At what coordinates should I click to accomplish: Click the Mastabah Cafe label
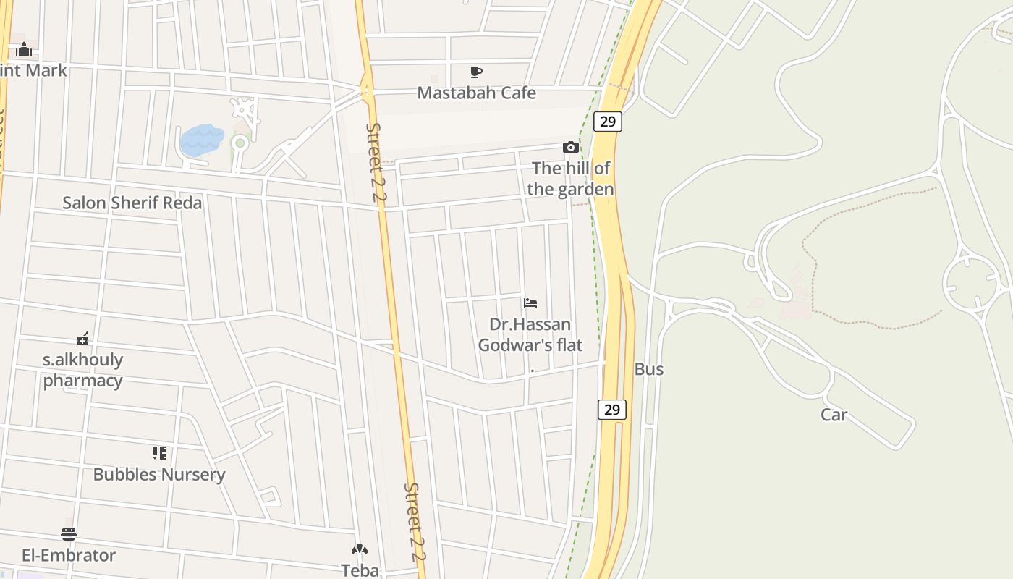[476, 93]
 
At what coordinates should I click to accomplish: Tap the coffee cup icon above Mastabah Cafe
[475, 72]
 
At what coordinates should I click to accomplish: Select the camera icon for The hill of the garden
[570, 148]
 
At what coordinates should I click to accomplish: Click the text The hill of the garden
[571, 179]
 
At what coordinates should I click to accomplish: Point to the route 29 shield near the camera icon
[608, 121]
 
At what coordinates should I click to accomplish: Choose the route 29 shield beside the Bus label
[612, 409]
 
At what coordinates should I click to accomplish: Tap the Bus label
[648, 369]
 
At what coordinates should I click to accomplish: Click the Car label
[834, 415]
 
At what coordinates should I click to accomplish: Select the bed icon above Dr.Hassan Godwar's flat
[530, 303]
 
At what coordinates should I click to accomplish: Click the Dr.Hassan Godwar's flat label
[530, 334]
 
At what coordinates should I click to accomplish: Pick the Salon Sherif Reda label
[132, 203]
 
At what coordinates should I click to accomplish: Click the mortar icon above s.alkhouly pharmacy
[82, 338]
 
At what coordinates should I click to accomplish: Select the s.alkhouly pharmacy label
[82, 370]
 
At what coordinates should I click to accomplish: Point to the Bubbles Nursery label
[159, 475]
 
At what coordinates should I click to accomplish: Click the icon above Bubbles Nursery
[159, 453]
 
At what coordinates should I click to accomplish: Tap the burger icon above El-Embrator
[69, 534]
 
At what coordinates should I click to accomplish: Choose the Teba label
[360, 570]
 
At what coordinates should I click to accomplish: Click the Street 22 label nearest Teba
[414, 522]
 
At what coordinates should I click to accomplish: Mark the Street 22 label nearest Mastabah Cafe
[376, 165]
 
